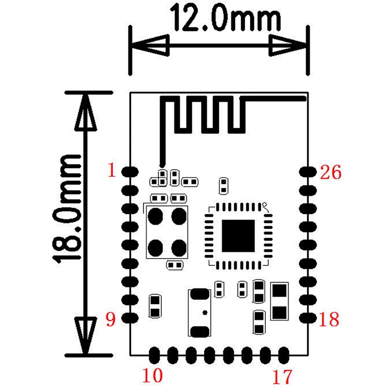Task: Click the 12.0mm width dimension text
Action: (x=225, y=18)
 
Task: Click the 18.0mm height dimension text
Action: (x=67, y=209)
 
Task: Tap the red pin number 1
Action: (x=112, y=170)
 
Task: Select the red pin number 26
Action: (x=330, y=172)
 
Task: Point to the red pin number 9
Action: (x=111, y=320)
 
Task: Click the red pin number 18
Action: (x=329, y=319)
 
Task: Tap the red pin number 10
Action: (x=152, y=375)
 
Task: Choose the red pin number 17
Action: (x=282, y=377)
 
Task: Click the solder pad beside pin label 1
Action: (x=130, y=172)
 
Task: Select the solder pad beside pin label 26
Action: (x=308, y=172)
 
